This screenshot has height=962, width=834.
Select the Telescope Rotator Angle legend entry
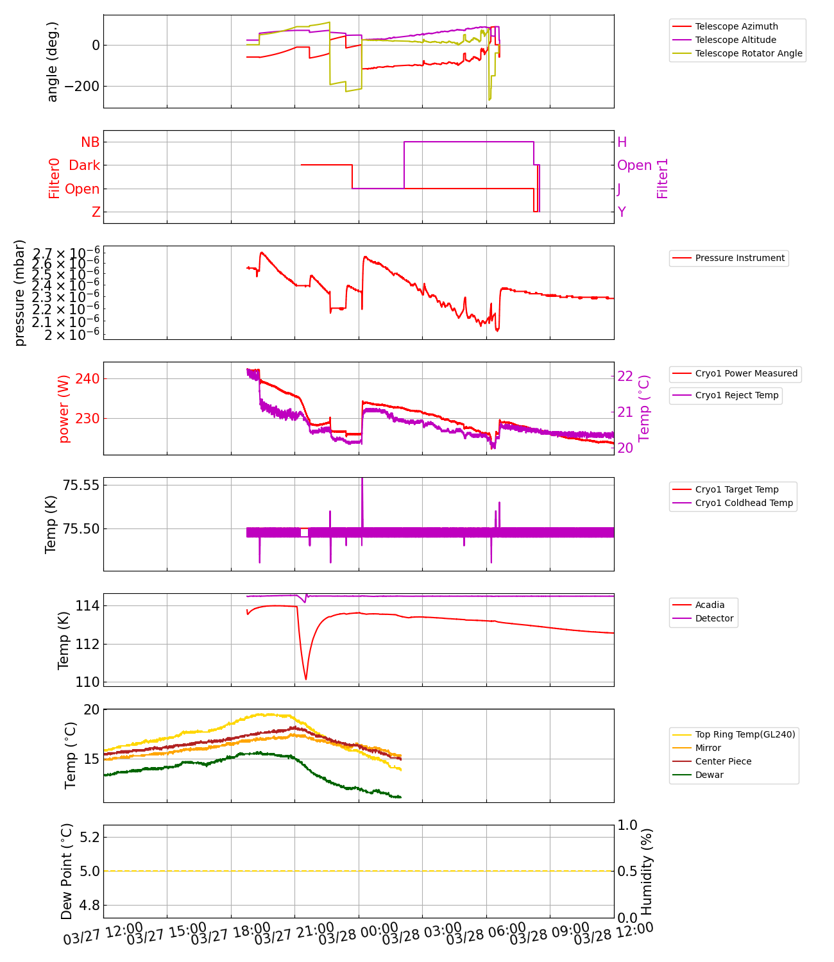click(748, 53)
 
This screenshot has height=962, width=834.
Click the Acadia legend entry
click(710, 605)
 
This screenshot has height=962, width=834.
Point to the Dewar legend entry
click(709, 775)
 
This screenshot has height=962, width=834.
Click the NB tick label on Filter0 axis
click(90, 142)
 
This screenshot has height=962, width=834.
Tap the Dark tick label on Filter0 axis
click(85, 165)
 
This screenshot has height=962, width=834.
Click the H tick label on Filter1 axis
click(622, 142)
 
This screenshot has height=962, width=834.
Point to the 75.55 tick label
click(81, 485)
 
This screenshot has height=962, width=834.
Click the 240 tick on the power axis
click(87, 378)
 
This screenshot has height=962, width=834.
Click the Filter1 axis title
click(663, 178)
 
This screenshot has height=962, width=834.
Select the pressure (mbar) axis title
click(20, 292)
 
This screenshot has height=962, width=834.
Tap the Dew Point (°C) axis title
click(67, 871)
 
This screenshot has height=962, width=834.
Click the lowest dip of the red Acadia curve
click(306, 679)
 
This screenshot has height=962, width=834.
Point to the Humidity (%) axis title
click(647, 871)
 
